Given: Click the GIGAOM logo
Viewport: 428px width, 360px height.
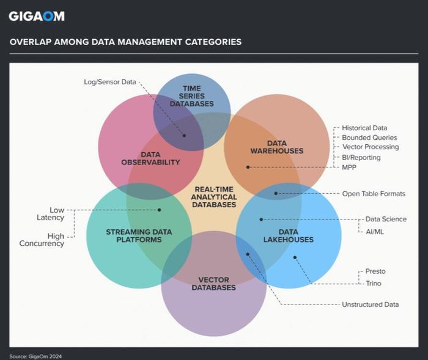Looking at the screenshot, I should point(36,17).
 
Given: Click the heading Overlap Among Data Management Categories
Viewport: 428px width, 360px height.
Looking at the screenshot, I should point(125,42).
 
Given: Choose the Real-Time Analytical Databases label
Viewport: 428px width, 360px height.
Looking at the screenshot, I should point(214,197).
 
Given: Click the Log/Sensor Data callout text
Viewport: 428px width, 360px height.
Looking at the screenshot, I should point(111,82).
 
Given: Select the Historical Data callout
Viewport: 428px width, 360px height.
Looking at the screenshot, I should point(364,128).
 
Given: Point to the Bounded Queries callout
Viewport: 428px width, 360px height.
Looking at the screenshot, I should point(369,138).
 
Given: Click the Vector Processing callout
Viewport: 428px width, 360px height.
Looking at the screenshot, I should point(370,147).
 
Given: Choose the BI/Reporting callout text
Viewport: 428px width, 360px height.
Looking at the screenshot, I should point(361,157).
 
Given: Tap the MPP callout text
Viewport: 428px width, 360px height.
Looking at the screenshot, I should point(350,167).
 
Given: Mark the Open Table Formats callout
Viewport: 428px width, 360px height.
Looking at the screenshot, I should point(373,194).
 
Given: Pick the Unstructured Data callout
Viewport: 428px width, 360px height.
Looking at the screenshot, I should point(370,304).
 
